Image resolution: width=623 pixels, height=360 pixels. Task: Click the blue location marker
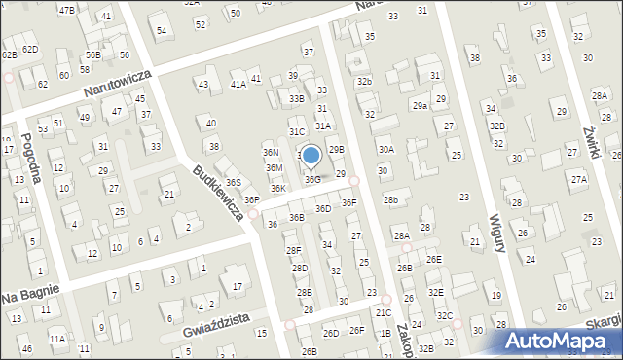coord(311,155)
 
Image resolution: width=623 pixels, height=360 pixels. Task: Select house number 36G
coord(311,180)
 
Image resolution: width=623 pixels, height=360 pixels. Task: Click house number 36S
coord(234,182)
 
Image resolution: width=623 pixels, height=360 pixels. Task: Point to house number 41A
coord(238,85)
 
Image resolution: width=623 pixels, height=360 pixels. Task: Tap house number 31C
coord(297,131)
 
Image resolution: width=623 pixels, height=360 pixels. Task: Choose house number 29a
coord(420,105)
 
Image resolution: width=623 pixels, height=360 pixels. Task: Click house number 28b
coord(390,199)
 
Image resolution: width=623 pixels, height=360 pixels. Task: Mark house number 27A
coord(579,180)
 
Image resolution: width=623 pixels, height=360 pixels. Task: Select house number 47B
coord(66,10)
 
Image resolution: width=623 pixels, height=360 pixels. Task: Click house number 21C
coord(384,312)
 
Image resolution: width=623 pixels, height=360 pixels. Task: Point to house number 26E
coord(433,259)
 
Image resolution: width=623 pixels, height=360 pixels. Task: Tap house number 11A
coord(58,339)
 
